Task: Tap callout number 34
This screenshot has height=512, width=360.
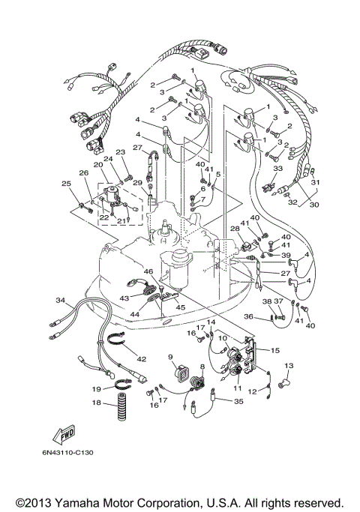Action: click(60, 301)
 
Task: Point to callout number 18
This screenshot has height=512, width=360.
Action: click(96, 403)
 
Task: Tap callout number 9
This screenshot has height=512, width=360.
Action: click(170, 357)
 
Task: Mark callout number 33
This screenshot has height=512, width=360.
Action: click(277, 169)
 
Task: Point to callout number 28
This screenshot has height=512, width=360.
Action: click(235, 228)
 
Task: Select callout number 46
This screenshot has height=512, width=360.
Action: click(148, 271)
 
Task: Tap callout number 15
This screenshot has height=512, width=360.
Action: click(275, 350)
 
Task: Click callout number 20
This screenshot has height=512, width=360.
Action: click(97, 165)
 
